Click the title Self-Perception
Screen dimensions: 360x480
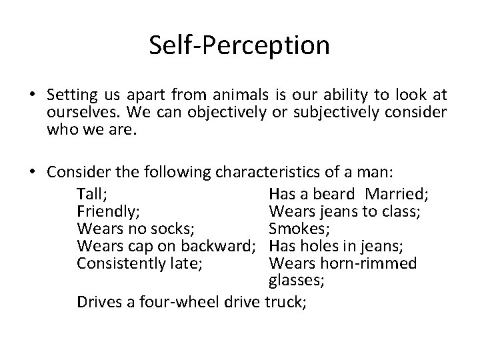coord(239,45)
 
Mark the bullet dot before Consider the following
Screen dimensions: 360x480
coord(33,173)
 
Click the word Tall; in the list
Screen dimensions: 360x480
coord(94,194)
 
